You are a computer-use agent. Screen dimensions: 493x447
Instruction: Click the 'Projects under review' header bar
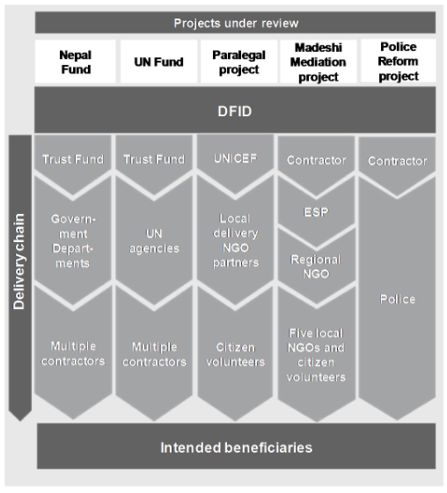(235, 22)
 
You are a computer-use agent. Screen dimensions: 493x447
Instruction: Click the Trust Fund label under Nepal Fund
(74, 159)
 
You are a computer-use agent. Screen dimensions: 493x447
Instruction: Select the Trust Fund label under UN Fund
(155, 159)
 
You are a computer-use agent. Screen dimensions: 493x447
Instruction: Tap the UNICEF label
(234, 159)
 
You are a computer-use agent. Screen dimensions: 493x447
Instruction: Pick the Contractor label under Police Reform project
(398, 160)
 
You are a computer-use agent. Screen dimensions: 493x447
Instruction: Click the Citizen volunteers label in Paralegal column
(234, 355)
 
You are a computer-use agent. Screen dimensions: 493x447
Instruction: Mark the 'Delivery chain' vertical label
(18, 264)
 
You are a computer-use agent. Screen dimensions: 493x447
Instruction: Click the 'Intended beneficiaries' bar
(235, 447)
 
